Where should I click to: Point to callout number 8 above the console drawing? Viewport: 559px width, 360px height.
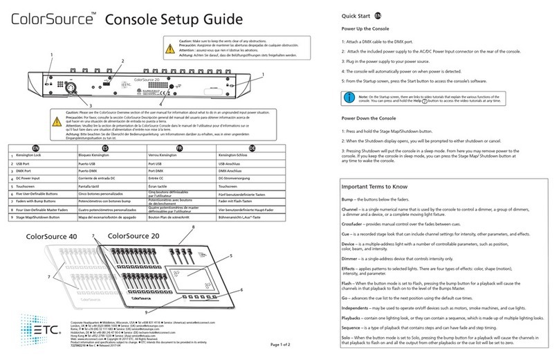tap(193, 226)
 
